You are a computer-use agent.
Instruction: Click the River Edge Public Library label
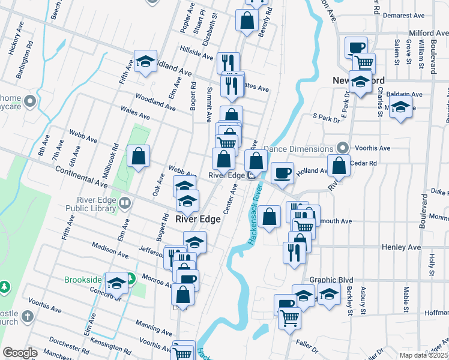pos(96,204)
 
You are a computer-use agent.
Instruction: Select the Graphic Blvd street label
pos(331,280)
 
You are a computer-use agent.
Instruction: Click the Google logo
pos(20,353)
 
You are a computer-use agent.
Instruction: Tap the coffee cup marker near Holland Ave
pos(282,173)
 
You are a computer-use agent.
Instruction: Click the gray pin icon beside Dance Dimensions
pos(343,148)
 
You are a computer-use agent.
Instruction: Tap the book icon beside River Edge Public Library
pos(125,203)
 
